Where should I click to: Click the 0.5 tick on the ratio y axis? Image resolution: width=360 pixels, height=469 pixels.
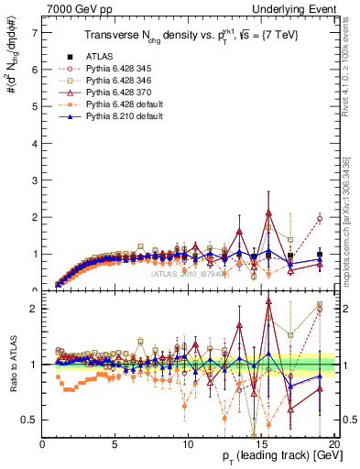(x=30, y=420)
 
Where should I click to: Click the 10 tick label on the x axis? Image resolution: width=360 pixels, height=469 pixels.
(x=188, y=444)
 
